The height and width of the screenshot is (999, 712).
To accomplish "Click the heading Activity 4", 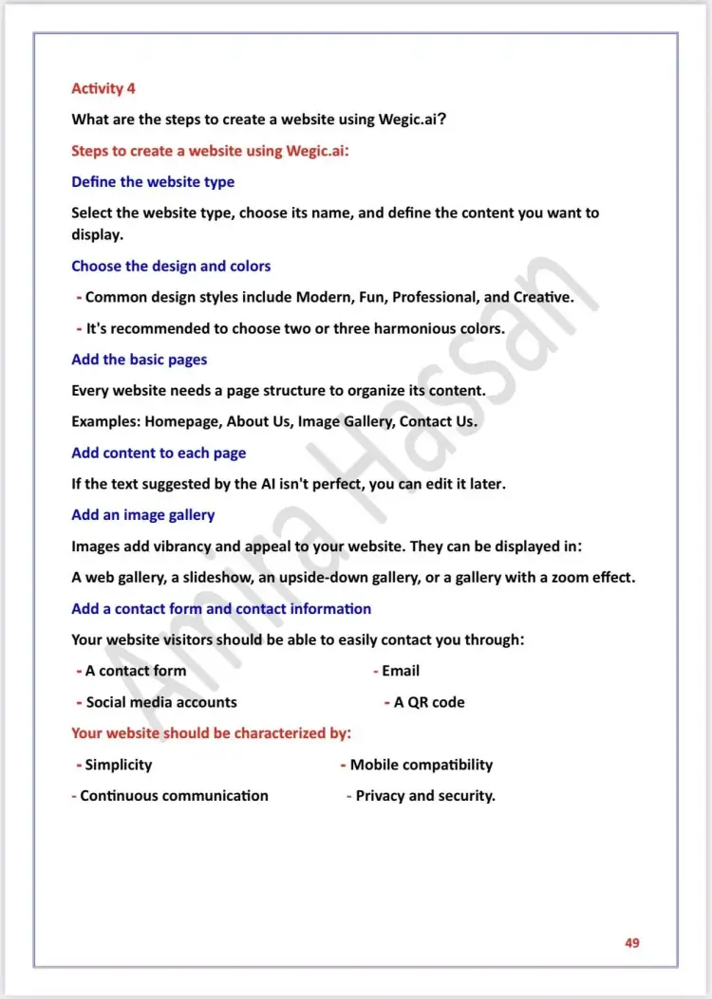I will coord(103,88).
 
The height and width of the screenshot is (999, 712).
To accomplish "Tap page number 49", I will coord(632,942).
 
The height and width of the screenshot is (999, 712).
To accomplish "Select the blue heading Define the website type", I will coord(153,181).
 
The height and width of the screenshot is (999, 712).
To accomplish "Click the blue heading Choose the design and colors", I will coord(171,266).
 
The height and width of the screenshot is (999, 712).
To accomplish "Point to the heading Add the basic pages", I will coord(139,360).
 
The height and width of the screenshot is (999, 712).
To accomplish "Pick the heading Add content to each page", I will coord(159,453).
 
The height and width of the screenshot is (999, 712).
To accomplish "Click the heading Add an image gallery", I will coord(143,514).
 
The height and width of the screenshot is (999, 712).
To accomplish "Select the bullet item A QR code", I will coord(429,702).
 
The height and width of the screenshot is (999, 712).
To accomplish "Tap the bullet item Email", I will coord(401,670).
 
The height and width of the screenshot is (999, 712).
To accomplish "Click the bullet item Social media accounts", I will coord(161,702).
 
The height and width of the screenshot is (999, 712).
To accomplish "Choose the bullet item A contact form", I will coord(136,670).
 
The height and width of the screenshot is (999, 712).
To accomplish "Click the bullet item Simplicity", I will coord(119,764).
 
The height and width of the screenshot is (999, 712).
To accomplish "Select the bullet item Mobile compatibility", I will coord(422,764).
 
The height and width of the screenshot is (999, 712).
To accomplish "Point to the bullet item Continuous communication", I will coord(174,795).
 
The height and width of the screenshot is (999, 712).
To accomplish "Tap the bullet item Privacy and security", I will coord(425,795).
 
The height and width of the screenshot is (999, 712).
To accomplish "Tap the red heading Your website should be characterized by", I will coord(212,732).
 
